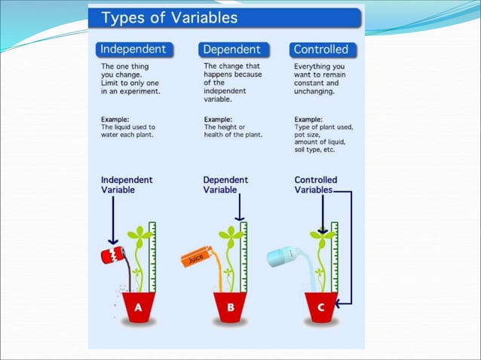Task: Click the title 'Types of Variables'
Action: click(x=170, y=17)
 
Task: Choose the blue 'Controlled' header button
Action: click(x=321, y=50)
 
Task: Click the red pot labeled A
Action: click(x=138, y=307)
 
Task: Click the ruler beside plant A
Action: click(x=152, y=256)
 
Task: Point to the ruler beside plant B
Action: click(x=244, y=256)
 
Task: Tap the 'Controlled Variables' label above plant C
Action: click(x=315, y=185)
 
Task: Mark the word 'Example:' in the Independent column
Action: click(x=115, y=119)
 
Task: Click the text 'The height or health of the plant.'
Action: click(x=233, y=131)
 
